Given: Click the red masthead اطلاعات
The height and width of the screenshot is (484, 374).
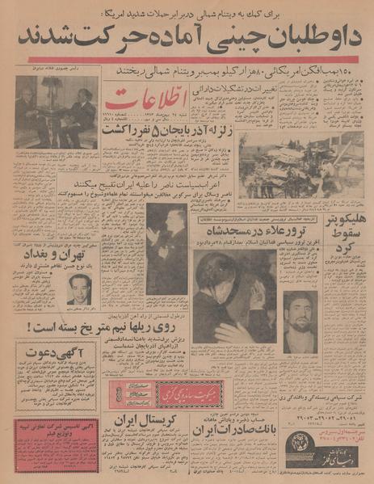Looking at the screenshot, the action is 146,102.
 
